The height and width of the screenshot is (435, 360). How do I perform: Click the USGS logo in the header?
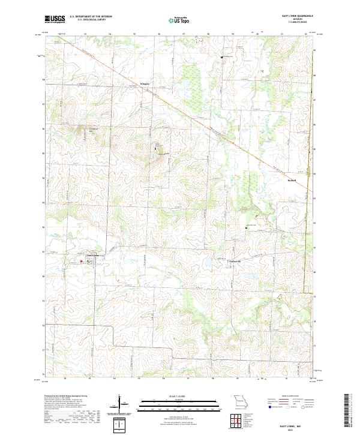(55, 20)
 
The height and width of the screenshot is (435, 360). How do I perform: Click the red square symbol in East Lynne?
(82, 262)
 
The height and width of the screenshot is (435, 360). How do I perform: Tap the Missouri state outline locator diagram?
(241, 402)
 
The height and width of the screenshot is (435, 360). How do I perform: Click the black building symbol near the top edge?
(222, 57)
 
